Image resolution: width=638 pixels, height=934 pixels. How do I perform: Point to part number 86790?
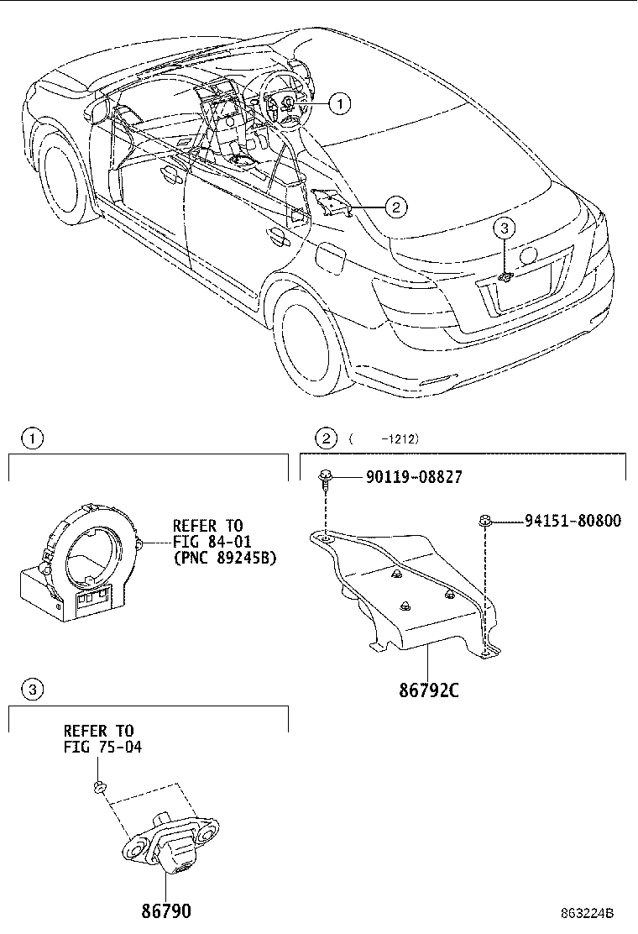coord(165,910)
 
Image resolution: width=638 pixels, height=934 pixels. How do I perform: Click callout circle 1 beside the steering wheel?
coord(338,103)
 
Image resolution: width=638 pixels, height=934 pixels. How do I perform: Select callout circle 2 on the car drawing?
coord(395,206)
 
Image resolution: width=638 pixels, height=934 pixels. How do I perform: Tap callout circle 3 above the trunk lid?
coord(503,227)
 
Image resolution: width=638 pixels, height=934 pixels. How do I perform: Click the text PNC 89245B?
coord(224,558)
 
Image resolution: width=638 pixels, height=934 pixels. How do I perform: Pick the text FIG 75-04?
coord(98,747)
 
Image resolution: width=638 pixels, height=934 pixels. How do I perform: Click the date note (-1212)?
coord(384,438)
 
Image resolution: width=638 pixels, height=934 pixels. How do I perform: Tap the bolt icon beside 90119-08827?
coord(324,480)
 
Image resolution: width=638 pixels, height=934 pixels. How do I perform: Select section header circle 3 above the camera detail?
coord(31,690)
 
